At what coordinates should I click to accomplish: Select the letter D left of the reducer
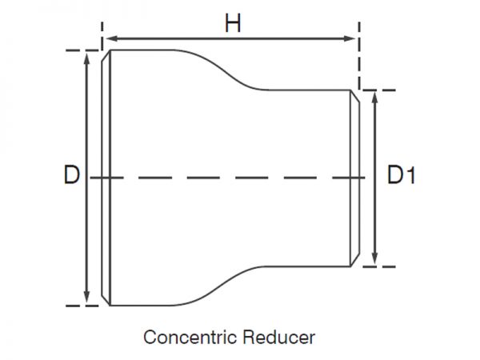click(71, 175)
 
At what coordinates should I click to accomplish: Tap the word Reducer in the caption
click(279, 336)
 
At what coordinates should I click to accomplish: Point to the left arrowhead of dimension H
click(108, 38)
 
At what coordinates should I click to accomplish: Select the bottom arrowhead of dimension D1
click(375, 262)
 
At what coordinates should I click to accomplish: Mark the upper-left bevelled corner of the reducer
click(106, 57)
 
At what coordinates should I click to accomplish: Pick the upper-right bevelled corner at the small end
click(354, 95)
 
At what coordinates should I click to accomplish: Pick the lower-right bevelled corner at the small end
click(354, 262)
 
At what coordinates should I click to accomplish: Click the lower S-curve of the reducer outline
click(228, 286)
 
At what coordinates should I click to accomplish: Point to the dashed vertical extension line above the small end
click(359, 60)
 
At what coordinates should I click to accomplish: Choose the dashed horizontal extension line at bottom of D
click(80, 306)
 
